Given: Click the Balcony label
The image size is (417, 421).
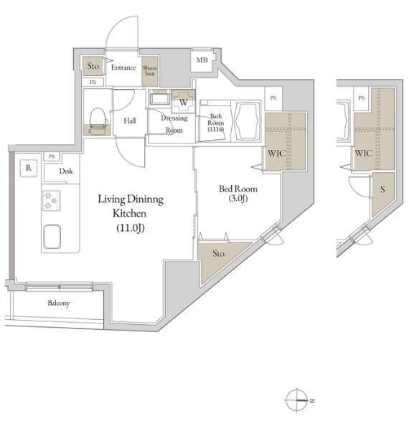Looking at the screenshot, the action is click(59, 303).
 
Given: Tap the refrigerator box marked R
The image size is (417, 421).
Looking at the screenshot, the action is click(29, 169).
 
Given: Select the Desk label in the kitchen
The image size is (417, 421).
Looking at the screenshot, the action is click(66, 171).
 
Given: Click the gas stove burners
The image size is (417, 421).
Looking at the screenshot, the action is click(52, 200).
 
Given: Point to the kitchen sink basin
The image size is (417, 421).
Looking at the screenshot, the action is click(52, 237).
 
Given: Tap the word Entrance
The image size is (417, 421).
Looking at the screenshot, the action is click(123, 67).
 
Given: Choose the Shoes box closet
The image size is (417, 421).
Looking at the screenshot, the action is click(149, 72).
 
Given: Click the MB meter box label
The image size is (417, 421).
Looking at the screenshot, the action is click(202, 60).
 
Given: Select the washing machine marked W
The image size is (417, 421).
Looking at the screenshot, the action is click(184, 102).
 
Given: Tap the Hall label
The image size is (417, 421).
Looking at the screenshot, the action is click(129, 120).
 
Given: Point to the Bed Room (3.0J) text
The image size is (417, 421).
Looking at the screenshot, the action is click(238, 193).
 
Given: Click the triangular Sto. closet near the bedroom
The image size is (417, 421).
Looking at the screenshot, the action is click(217, 257).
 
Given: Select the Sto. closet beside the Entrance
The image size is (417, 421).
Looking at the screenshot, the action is click(93, 66).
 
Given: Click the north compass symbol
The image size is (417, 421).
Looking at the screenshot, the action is click(296, 399).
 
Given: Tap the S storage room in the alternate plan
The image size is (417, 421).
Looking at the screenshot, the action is click(382, 194).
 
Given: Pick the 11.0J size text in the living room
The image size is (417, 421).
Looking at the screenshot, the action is click(131, 228).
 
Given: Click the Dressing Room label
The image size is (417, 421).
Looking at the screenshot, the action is click(174, 124).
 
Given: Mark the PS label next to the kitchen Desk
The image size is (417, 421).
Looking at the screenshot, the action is click(52, 156).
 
